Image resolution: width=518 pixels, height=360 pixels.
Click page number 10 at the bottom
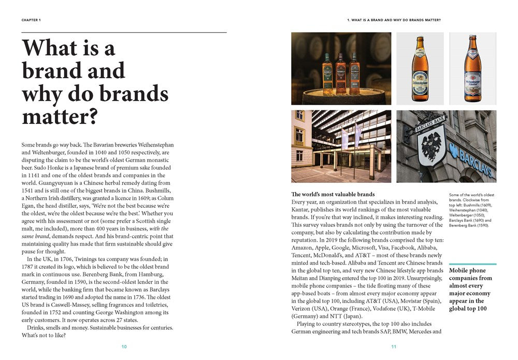coord(124,347)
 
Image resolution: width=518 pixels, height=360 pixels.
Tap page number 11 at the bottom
coord(394,347)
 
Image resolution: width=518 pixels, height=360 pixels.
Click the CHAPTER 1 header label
coord(31,20)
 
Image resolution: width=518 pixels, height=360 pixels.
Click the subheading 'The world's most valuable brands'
coord(333,194)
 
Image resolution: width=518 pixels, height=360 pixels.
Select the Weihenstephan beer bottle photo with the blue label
coord(420,68)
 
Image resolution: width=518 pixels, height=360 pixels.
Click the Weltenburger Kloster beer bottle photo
coord(472,68)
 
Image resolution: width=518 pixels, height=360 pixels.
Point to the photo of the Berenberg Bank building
coord(341,146)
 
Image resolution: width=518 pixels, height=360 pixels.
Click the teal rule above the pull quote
coord(472,264)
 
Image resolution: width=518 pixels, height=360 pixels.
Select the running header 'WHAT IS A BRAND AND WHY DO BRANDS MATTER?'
coord(394,20)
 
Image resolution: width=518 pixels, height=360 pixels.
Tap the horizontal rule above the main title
coord(124,33)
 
